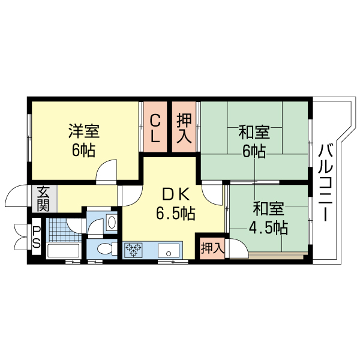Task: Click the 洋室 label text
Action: point(84,131)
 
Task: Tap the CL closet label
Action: point(155,128)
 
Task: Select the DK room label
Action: point(176,195)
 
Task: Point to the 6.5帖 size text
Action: point(176,213)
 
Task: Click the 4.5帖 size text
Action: point(268,227)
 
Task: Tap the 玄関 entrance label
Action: point(43,199)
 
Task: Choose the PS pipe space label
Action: point(36,237)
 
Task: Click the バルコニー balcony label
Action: point(326,183)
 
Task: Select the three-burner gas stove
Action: point(133,250)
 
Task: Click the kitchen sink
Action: point(169,251)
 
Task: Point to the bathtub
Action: point(64,250)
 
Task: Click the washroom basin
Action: point(112,221)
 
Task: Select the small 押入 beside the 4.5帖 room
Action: point(212,248)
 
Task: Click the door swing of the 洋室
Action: point(106,170)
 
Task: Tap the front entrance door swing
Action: point(16,196)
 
